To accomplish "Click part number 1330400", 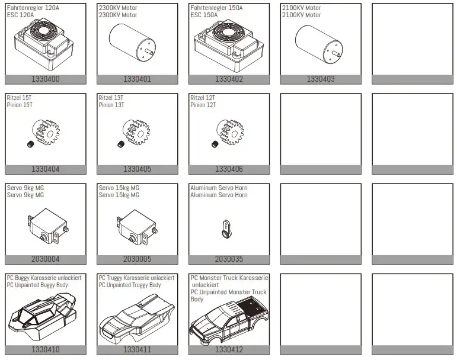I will [x=45, y=79].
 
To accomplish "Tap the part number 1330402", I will [x=229, y=79].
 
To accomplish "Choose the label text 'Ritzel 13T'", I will [x=111, y=98].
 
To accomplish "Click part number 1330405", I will [x=137, y=169].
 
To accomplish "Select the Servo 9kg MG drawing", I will [x=45, y=227].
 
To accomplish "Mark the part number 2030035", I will [x=229, y=259].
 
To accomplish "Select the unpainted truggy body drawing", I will [x=136, y=322].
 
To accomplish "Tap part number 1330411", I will [x=137, y=350].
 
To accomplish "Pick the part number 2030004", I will [x=45, y=259].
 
